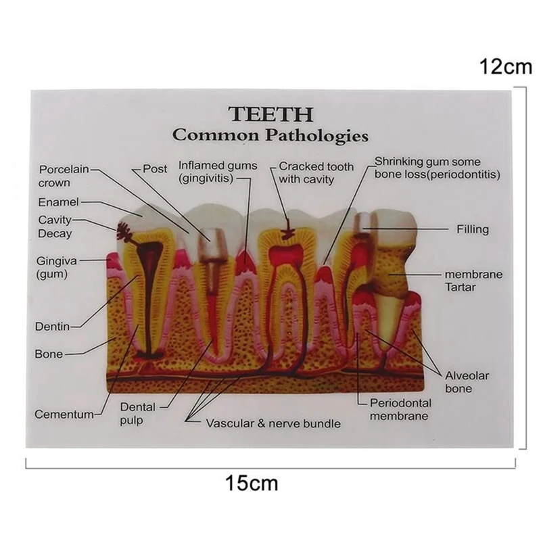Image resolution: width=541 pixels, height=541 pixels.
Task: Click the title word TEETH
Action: pyautogui.click(x=270, y=113)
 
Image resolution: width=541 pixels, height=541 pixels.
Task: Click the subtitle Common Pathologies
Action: pyautogui.click(x=270, y=135)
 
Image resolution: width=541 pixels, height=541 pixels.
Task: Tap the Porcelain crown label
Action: pyautogui.click(x=64, y=176)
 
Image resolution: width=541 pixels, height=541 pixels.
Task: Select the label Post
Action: pyautogui.click(x=155, y=169)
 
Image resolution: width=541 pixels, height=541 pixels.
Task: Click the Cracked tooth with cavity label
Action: pyautogui.click(x=306, y=172)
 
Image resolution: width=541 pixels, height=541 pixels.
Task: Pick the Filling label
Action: pyautogui.click(x=472, y=229)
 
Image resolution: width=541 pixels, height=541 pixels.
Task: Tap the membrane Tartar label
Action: pyautogui.click(x=473, y=281)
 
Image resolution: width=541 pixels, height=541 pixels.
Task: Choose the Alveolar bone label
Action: pyautogui.click(x=467, y=382)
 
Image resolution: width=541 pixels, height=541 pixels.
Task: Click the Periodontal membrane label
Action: pyautogui.click(x=400, y=409)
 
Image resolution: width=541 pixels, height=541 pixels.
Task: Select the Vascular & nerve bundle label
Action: pyautogui.click(x=273, y=424)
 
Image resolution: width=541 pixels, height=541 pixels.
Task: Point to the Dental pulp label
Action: pyautogui.click(x=138, y=413)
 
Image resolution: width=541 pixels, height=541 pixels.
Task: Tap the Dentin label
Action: pyautogui.click(x=52, y=327)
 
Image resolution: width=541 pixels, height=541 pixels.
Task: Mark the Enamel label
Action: pyautogui.click(x=58, y=202)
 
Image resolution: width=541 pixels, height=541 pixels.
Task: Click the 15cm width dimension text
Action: pyautogui.click(x=252, y=484)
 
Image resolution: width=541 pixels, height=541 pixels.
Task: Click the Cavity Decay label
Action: pyautogui.click(x=55, y=227)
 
